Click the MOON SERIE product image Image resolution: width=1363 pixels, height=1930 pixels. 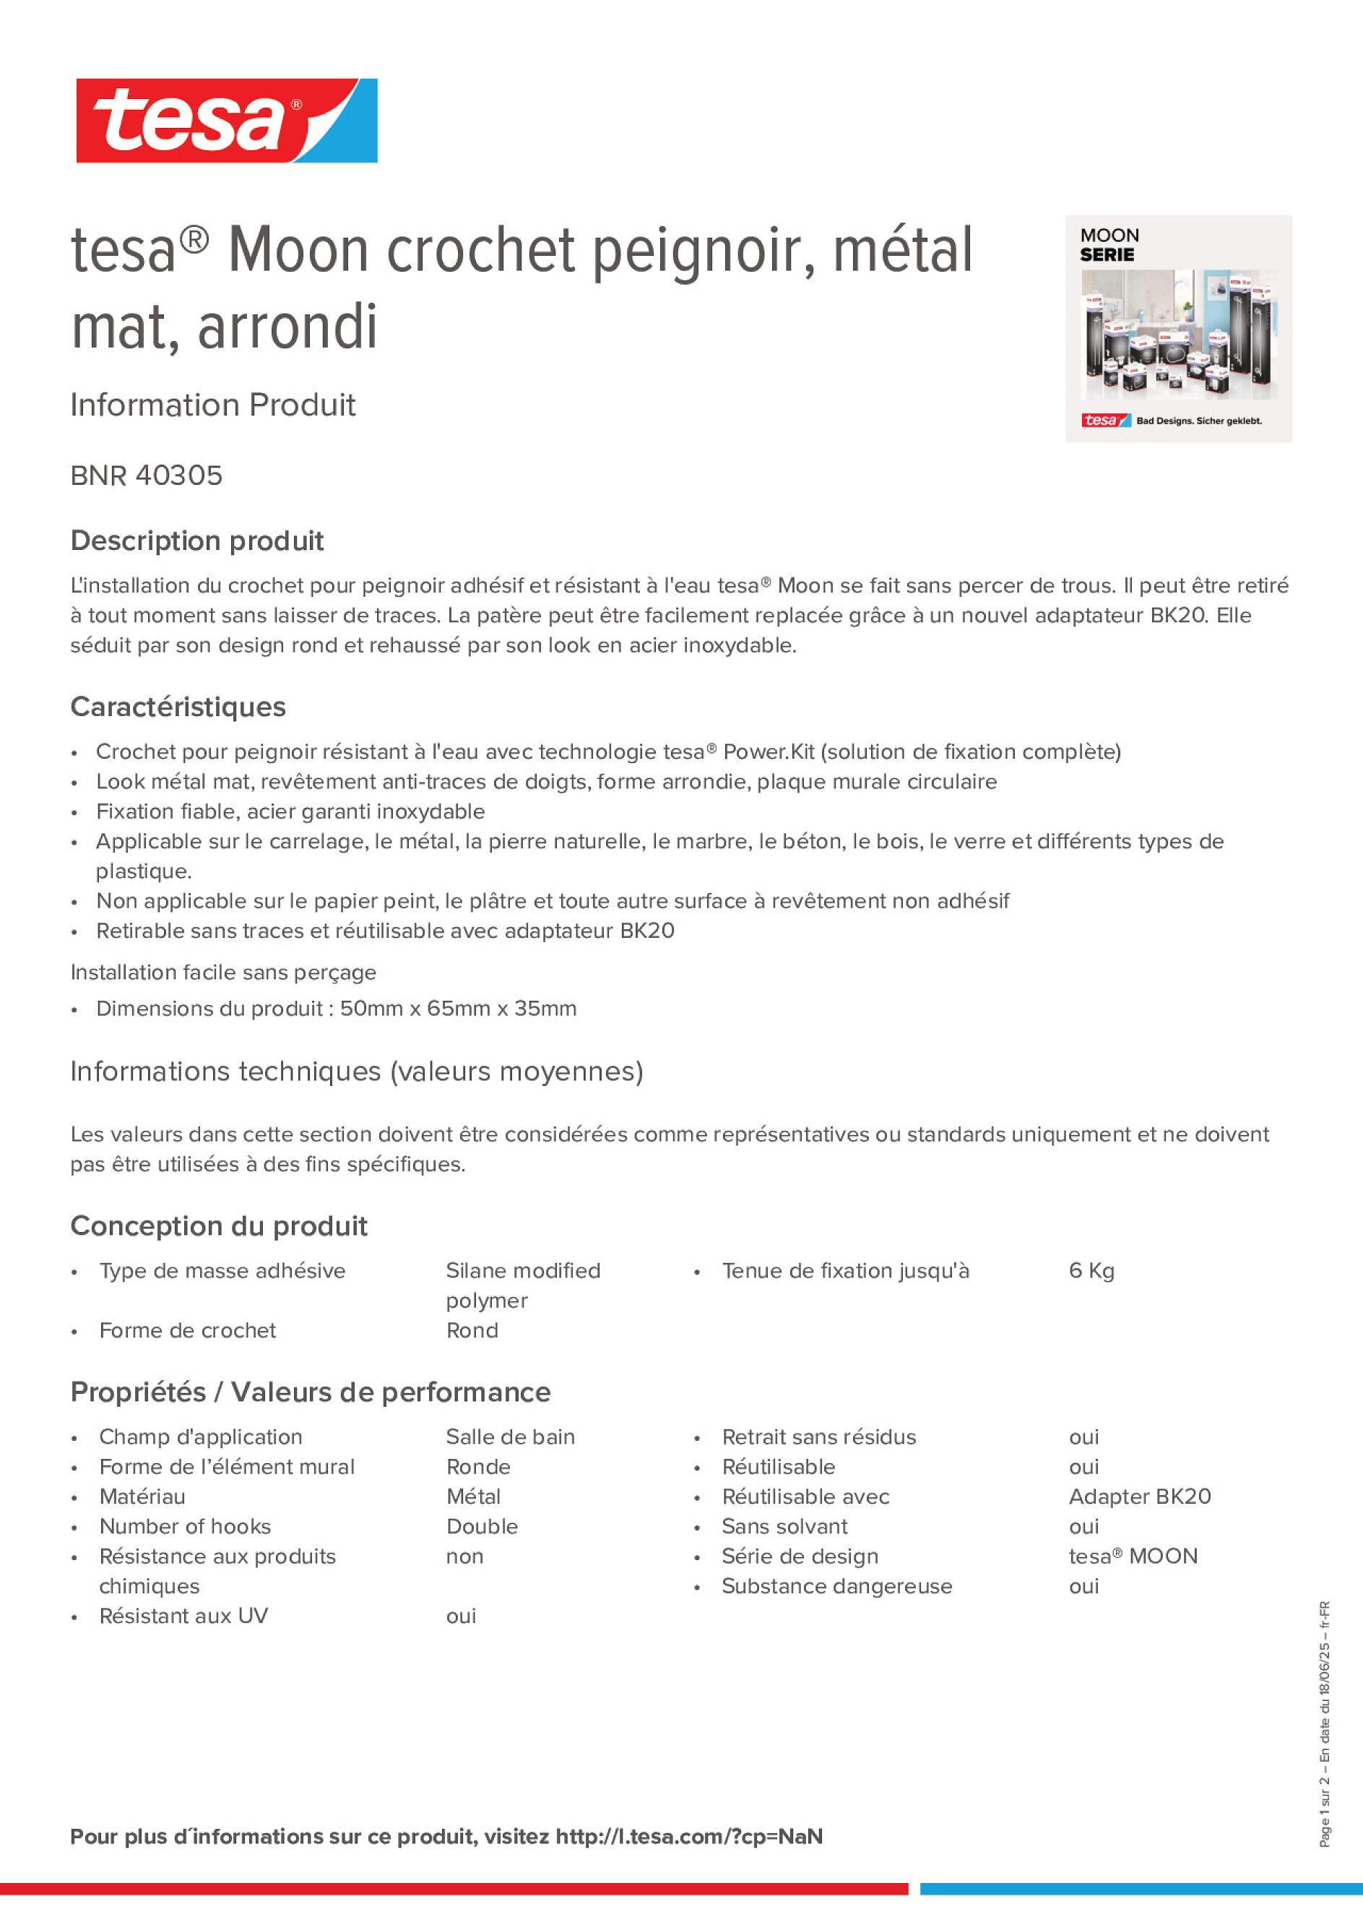(x=1178, y=329)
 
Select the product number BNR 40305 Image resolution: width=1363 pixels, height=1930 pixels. (x=146, y=475)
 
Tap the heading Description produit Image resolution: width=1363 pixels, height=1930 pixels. (x=196, y=540)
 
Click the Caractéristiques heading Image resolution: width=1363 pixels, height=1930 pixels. (x=178, y=707)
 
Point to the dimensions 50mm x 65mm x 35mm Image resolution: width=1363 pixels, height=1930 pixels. (x=458, y=1009)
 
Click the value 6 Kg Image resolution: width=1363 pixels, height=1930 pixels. (x=1091, y=1271)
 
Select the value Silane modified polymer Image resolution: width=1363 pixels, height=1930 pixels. (x=523, y=1285)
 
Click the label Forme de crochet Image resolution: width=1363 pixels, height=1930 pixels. (x=187, y=1331)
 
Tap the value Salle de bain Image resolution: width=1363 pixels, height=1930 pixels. (x=510, y=1437)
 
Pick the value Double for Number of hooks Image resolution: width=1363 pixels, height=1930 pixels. (x=482, y=1527)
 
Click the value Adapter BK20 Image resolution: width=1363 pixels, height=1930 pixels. (x=1140, y=1497)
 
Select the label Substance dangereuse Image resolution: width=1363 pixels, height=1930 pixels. (x=837, y=1586)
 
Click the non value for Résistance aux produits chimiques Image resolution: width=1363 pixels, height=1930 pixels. (x=464, y=1556)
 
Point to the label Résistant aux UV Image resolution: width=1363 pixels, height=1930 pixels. (x=183, y=1616)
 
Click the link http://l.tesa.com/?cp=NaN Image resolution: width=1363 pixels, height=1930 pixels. (x=689, y=1837)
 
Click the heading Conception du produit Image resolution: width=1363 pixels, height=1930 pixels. (x=218, y=1226)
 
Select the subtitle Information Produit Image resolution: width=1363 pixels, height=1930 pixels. (x=212, y=405)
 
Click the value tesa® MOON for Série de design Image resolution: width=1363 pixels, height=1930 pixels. (x=1133, y=1556)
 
